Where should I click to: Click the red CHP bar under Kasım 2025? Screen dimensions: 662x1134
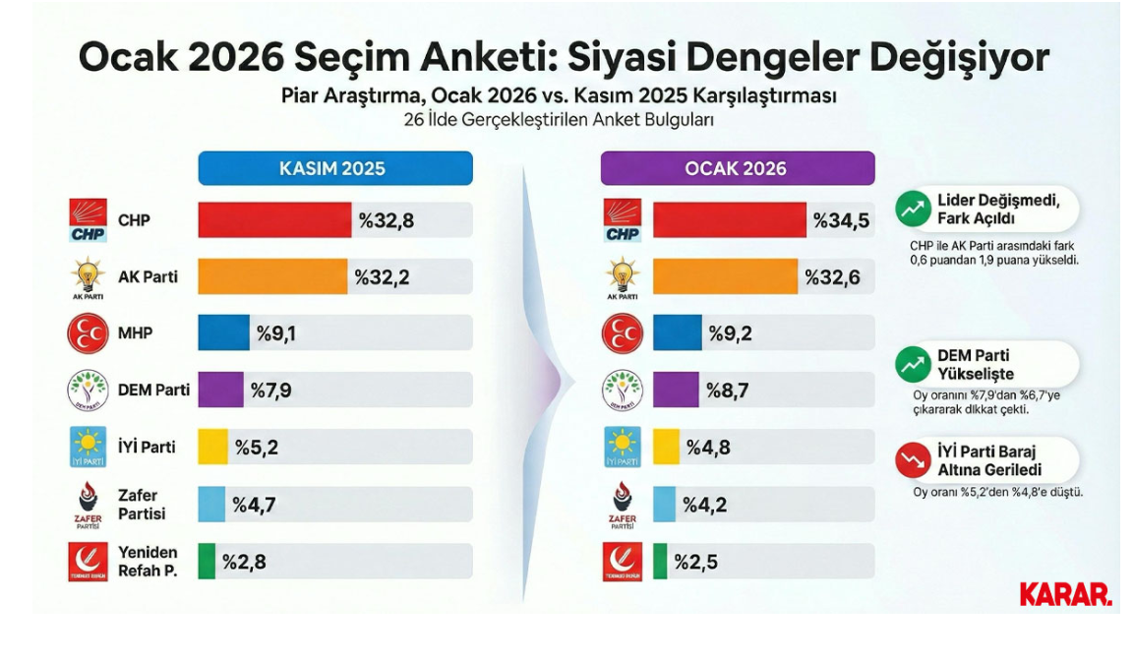(x=274, y=220)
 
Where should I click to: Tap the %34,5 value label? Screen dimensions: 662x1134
(x=841, y=220)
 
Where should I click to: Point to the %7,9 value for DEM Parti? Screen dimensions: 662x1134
(x=270, y=391)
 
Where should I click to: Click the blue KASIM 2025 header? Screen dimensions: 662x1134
(x=334, y=168)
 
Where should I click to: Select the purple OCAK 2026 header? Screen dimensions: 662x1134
(x=737, y=168)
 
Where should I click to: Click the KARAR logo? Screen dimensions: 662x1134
(x=1065, y=594)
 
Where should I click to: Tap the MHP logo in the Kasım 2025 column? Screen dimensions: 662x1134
(x=88, y=333)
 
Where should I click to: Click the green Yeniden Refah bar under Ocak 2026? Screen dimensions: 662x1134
(x=660, y=562)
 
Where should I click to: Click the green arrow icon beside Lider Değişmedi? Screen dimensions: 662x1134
(x=913, y=209)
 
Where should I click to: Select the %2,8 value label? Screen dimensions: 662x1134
(x=244, y=562)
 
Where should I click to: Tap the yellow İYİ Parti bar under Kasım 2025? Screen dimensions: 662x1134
(x=212, y=448)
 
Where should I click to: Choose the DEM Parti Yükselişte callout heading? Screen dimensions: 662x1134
(x=975, y=365)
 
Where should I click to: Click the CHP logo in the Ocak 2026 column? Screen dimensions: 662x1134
(x=622, y=220)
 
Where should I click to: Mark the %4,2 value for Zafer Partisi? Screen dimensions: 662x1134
(x=704, y=505)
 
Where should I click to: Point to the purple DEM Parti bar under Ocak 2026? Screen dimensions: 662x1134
(x=676, y=391)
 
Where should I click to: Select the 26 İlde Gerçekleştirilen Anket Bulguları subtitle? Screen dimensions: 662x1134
(x=558, y=119)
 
